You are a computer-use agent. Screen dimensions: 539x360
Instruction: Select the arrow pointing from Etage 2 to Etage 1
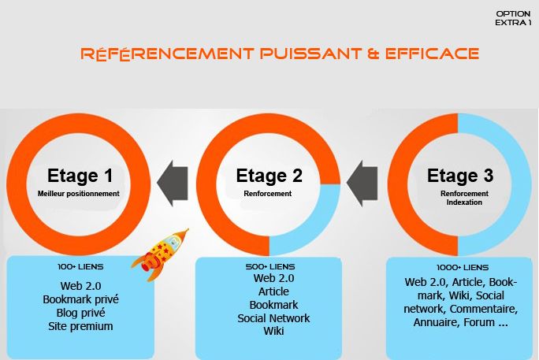173,183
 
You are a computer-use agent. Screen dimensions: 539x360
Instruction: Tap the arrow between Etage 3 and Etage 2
362,183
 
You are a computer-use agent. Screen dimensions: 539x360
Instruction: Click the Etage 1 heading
80,176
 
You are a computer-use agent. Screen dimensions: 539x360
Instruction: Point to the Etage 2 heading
269,176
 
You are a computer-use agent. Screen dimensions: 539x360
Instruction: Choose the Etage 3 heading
460,176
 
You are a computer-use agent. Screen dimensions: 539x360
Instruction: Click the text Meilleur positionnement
78,194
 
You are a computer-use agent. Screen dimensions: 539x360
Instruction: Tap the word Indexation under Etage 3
464,202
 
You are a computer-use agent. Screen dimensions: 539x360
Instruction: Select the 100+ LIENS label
80,266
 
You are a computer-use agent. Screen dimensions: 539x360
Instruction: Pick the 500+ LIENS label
270,266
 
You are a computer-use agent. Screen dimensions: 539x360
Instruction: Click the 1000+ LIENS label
463,267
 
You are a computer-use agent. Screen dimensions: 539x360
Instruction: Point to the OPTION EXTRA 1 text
513,18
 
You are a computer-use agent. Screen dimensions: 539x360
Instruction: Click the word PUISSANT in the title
311,54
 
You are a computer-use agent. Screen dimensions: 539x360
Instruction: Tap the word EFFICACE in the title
432,54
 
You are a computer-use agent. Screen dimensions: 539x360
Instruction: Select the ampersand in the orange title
374,54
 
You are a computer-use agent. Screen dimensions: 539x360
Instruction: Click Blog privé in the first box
81,313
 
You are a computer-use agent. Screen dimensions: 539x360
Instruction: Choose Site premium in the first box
80,326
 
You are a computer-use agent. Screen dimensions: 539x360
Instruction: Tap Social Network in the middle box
273,318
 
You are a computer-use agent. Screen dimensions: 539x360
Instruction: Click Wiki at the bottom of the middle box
273,331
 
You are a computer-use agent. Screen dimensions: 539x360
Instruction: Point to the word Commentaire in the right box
483,309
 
